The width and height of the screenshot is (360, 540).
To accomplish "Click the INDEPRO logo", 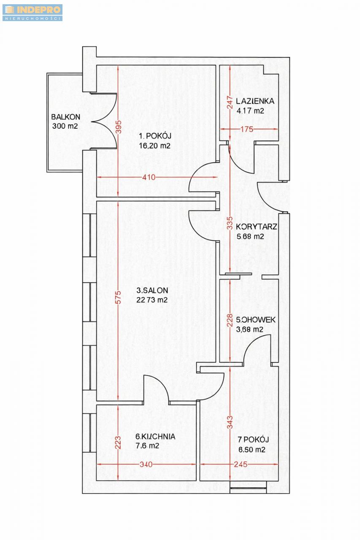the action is [x=32, y=13].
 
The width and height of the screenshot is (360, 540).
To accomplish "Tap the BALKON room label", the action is [x=65, y=117].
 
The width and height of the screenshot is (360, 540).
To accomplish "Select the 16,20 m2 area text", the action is [x=154, y=146].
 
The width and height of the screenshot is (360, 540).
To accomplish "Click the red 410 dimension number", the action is [x=149, y=178].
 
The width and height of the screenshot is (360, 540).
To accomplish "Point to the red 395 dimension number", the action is [x=119, y=127].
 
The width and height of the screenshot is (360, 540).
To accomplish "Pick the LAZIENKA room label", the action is [x=255, y=101].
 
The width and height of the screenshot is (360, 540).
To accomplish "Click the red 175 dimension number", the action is [x=246, y=130].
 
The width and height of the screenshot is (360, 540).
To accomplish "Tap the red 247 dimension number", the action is [x=230, y=103].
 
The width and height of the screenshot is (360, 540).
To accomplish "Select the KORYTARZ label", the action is [x=256, y=227].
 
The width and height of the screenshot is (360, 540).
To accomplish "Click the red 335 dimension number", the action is [x=230, y=223].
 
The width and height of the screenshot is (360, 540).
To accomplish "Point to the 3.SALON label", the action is [x=152, y=290].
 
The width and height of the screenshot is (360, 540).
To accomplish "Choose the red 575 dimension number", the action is [x=118, y=297].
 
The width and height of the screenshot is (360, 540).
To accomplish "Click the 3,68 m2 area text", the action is [x=249, y=329].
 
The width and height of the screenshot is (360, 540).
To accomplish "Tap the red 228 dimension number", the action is [x=230, y=320].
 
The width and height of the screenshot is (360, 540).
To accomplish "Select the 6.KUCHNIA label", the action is [x=155, y=436].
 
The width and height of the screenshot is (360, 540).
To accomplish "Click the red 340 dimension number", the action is [x=146, y=464].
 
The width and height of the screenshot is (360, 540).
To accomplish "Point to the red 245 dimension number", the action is [x=241, y=464].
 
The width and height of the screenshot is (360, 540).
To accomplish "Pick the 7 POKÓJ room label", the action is [x=253, y=439].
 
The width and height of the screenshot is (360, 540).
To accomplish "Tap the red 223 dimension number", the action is [x=118, y=443].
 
